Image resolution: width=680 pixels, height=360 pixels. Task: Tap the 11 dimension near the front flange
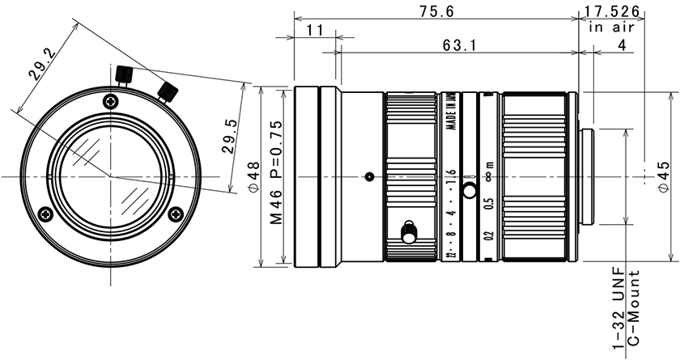pos(315,30)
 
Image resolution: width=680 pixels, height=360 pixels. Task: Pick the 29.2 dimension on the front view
pos(40,64)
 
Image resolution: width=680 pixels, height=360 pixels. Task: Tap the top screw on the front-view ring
pos(111,101)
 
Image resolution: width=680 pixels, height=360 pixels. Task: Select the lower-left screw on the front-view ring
pos(45,214)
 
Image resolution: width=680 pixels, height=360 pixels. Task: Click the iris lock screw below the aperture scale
pos(409,232)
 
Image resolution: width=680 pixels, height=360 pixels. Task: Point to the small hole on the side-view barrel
pos(368,176)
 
